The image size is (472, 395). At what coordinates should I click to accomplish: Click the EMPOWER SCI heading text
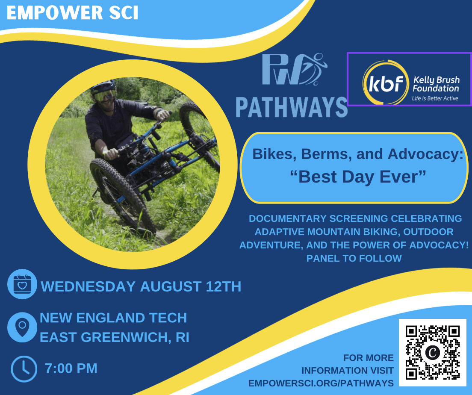(72, 13)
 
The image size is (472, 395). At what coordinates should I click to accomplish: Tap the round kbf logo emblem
(386, 82)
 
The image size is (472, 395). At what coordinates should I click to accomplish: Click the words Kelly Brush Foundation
(436, 84)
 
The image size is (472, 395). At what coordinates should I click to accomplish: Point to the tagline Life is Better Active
(435, 98)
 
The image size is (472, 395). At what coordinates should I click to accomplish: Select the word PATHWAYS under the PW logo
(292, 107)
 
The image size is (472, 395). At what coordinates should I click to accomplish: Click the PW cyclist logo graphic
(294, 69)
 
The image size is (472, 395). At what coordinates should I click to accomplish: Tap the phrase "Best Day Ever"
(358, 177)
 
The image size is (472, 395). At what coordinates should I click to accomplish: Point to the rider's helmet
(103, 86)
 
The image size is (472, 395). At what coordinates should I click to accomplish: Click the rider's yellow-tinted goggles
(104, 95)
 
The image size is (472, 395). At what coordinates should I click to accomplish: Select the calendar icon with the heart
(22, 284)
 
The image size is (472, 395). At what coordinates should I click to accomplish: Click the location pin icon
(22, 327)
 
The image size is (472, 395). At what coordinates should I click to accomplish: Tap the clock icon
(24, 369)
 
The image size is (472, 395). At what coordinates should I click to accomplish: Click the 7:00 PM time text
(71, 368)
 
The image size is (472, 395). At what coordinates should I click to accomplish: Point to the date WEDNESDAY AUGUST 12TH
(141, 286)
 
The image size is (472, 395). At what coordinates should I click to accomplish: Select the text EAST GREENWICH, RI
(115, 337)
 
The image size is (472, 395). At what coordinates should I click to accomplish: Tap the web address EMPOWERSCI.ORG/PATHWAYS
(321, 383)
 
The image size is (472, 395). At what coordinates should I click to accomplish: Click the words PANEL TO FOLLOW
(354, 258)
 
